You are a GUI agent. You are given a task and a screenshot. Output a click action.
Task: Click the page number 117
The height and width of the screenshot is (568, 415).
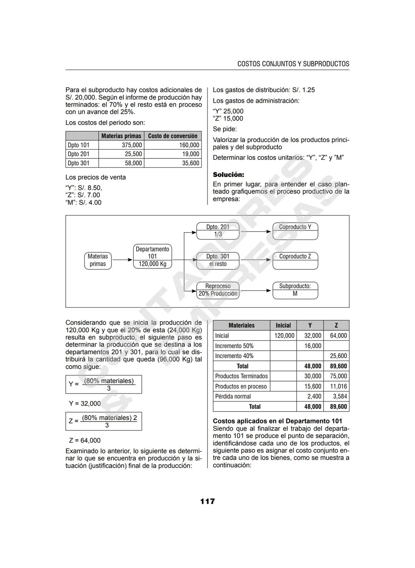point(207,501)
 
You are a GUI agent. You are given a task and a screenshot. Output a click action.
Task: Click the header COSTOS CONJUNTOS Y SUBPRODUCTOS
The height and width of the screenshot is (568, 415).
point(293,64)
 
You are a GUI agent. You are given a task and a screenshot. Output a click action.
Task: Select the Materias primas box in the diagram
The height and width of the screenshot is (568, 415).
point(98,260)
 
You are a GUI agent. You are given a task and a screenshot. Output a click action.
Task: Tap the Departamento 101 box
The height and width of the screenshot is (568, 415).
point(152,257)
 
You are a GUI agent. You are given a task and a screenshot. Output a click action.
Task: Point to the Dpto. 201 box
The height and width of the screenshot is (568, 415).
point(217,231)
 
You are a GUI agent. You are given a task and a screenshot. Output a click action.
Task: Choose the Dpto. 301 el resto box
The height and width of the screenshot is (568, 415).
point(217,260)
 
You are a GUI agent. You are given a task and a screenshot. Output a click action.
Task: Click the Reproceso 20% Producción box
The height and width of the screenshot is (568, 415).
point(217,290)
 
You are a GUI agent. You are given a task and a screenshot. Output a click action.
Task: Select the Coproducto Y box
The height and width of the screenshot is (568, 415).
point(295,231)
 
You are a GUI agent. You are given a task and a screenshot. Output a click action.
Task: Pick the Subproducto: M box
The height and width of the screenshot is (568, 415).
point(295,290)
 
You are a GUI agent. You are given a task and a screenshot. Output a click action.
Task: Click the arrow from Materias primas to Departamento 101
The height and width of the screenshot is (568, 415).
point(122,260)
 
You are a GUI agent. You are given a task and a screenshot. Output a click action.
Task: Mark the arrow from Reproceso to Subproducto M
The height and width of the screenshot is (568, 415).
point(256,291)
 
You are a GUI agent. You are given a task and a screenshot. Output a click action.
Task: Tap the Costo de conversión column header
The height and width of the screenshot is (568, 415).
point(173,136)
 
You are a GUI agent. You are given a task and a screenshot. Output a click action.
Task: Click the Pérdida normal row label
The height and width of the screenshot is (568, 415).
point(233,396)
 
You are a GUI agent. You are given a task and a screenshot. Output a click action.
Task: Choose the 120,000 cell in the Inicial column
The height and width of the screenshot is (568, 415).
point(284,336)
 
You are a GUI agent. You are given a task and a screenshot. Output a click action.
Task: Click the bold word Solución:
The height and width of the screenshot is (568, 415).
point(228,175)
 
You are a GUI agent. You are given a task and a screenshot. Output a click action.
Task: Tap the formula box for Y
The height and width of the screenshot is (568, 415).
point(103,384)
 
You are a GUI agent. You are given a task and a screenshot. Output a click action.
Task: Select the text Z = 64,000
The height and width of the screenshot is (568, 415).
point(85,440)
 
